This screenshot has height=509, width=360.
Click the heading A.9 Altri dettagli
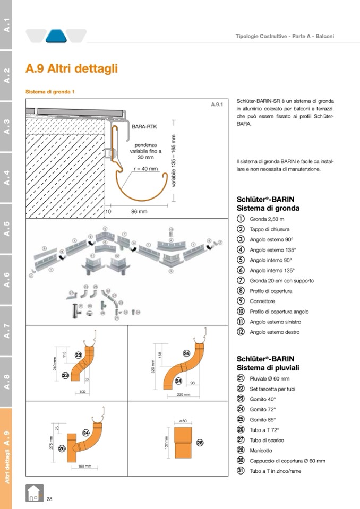pos(72,69)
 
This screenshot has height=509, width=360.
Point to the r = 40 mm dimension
pos(145,169)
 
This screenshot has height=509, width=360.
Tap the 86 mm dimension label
pos(139,211)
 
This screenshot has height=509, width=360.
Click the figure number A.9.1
pos(217,105)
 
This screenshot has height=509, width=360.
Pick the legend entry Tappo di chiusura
pos(270,229)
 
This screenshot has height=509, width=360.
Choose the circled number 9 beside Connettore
pos(241,301)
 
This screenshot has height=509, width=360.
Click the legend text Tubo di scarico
pos(267,440)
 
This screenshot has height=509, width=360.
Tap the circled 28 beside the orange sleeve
pos(200,442)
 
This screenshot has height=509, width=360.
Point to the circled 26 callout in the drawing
pos(62,448)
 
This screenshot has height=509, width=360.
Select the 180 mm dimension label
pos(84,467)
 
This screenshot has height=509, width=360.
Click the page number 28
pos(49,498)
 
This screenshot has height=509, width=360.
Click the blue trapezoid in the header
pos(56,36)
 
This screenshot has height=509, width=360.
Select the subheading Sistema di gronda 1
pos(50,92)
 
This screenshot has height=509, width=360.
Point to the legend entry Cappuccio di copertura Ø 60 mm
pos(287,461)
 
